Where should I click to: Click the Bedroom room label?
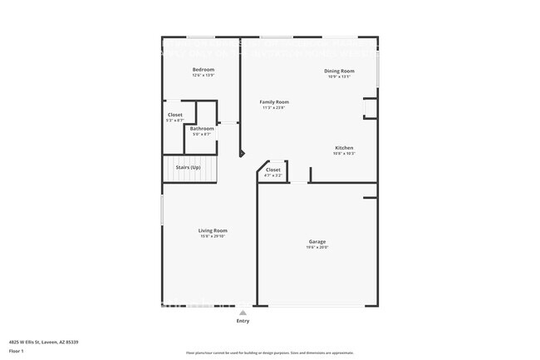point(204,69)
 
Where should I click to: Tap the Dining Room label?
point(339,72)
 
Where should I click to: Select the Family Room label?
point(274,101)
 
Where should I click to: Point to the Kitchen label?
point(345,148)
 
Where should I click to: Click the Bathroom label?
point(202,129)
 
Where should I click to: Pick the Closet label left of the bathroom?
point(175,115)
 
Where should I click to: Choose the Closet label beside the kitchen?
point(273,170)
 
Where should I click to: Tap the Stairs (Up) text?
point(188,168)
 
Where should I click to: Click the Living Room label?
point(213,230)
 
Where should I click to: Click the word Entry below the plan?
point(243,321)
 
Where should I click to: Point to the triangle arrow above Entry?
point(243,313)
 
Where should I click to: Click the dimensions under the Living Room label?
point(213,236)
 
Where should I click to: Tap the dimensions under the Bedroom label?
point(204,75)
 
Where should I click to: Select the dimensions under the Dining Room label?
point(339,77)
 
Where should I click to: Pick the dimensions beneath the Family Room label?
point(274,107)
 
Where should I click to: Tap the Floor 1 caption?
point(17,352)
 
